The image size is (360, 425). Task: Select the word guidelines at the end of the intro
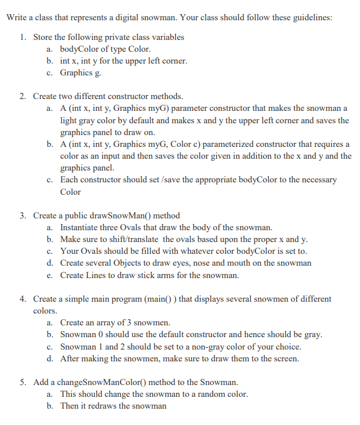[311, 16]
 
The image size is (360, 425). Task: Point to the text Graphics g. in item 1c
[81, 73]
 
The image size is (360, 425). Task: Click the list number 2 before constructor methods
[22, 96]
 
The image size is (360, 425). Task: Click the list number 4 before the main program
[22, 299]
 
